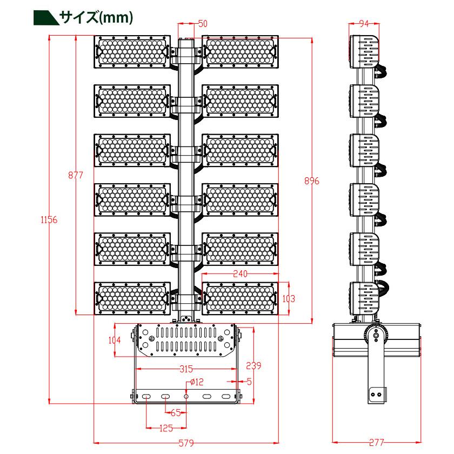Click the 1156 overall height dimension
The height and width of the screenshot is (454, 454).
(x=49, y=219)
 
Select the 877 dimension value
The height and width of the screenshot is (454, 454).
(x=76, y=175)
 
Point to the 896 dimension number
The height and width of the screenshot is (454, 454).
(x=312, y=181)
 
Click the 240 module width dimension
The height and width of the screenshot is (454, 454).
(x=241, y=274)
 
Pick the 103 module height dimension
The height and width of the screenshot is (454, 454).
(x=291, y=298)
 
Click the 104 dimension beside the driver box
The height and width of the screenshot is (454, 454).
(x=114, y=340)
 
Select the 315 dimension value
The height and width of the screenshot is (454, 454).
(x=186, y=370)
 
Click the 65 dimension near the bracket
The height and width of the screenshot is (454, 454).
(x=175, y=413)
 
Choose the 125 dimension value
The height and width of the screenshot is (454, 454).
(x=166, y=429)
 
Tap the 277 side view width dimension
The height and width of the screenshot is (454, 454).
(x=376, y=443)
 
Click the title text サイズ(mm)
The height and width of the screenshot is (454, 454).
(x=96, y=17)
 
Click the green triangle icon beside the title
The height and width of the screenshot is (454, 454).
(x=45, y=18)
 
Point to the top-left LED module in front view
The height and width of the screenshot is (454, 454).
(x=131, y=52)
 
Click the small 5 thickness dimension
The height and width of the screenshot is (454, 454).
(x=249, y=382)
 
